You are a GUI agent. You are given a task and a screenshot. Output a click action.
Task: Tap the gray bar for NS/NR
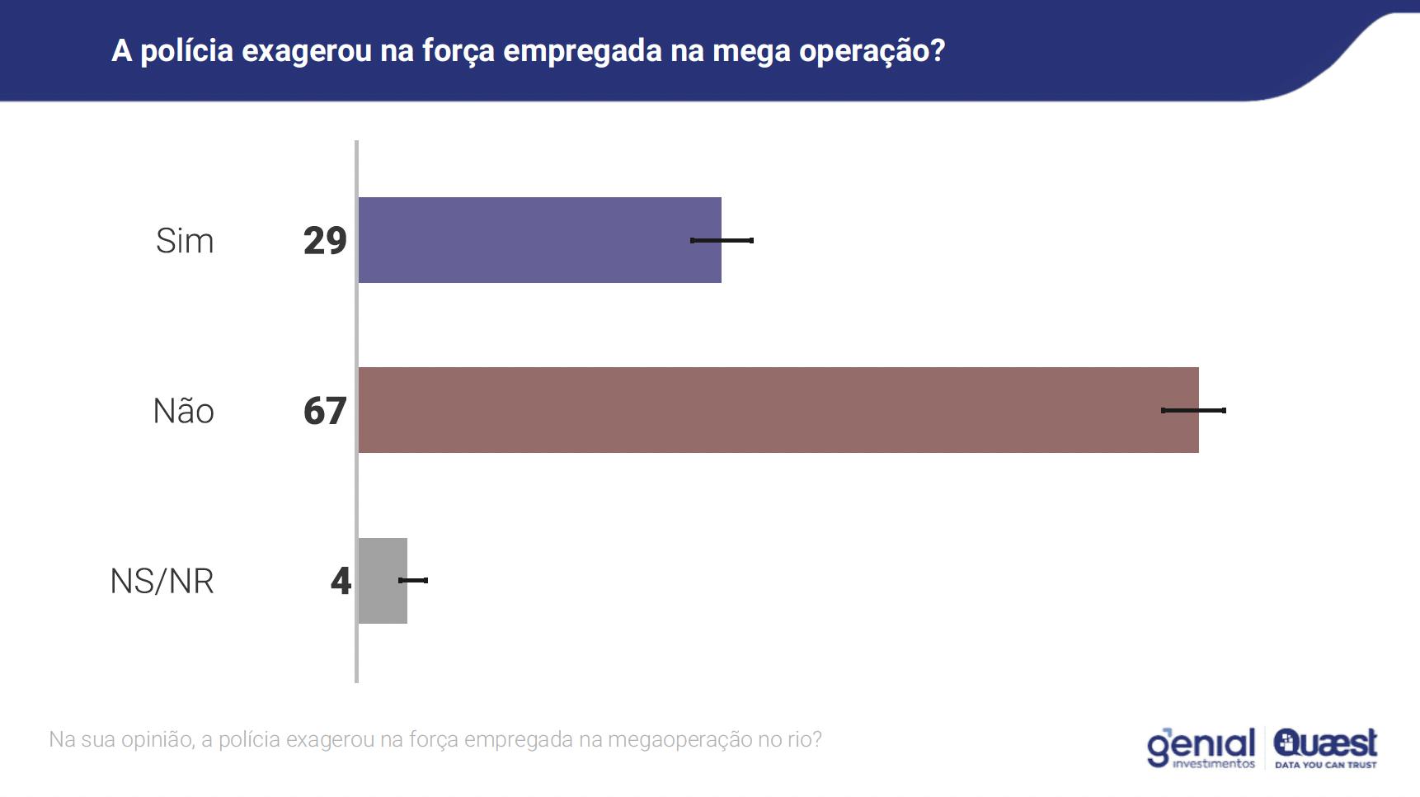pos(382,581)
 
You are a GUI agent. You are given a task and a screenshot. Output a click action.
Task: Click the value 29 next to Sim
pos(325,241)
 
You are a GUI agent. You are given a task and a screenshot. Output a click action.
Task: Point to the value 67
pos(325,411)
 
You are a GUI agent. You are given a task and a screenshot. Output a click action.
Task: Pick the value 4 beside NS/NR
pos(341,581)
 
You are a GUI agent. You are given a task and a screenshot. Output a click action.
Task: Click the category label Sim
pos(185,241)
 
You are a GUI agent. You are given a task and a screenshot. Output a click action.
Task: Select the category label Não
pos(184,411)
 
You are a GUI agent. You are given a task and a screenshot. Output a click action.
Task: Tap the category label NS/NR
pos(162,581)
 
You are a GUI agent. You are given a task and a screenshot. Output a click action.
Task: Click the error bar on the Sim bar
pos(722,240)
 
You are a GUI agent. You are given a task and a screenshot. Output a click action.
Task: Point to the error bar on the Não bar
pos(1193,410)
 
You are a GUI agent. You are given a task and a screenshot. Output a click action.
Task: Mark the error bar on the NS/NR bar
pos(413,580)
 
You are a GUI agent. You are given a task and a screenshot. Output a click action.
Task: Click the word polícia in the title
pos(187,51)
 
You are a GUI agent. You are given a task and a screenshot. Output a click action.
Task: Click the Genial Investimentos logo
pos(1201,747)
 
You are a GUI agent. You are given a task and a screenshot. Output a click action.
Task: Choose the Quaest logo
pos(1325,743)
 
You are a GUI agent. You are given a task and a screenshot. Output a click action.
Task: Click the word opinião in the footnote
pos(158,739)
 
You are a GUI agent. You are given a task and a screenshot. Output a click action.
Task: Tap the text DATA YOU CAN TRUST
pos(1325,765)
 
